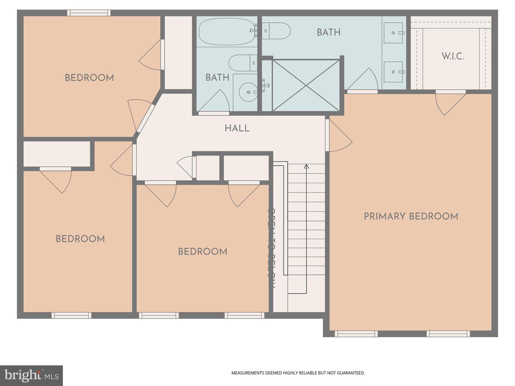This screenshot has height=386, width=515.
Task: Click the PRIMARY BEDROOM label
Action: point(411,216)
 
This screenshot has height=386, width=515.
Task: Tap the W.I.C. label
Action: point(452,56)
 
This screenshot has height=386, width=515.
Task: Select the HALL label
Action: point(237,128)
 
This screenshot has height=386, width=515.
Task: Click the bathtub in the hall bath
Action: point(226,31)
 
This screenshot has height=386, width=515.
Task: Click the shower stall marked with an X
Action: point(306,85)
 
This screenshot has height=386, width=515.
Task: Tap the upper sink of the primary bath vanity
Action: point(393,33)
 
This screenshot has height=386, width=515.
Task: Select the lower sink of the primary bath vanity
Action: point(393,72)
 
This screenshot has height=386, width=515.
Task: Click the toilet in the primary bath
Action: point(277,31)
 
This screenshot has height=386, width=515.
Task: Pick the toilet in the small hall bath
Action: point(242,63)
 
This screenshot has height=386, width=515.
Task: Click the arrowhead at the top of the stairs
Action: point(306,166)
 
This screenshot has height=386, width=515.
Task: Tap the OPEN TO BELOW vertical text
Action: point(271,248)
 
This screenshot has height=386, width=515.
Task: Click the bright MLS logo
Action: point(31,376)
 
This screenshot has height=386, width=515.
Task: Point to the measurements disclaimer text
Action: point(298,373)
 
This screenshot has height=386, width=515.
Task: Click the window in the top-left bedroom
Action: point(89,13)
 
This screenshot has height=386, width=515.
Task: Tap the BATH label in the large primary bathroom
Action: point(328,32)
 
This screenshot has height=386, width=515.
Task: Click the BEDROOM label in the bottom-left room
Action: point(80,239)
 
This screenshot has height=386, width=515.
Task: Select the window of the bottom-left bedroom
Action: point(72,315)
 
